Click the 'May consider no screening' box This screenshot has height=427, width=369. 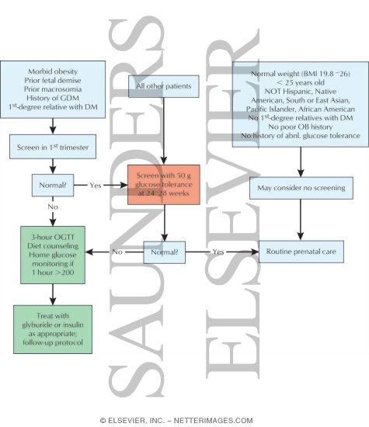[298, 189]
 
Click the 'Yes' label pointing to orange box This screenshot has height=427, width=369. [96, 186]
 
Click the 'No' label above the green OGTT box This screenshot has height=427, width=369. [52, 208]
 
